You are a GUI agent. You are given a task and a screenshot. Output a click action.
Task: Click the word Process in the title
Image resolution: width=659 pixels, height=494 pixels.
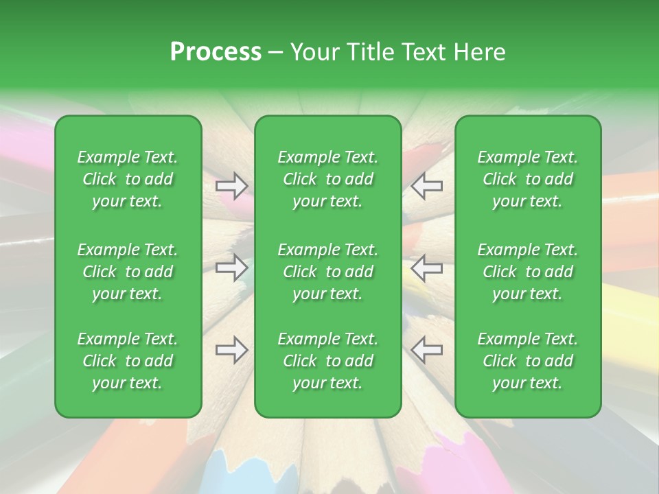click(216, 52)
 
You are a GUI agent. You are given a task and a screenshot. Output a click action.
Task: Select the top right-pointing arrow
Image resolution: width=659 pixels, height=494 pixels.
click(231, 185)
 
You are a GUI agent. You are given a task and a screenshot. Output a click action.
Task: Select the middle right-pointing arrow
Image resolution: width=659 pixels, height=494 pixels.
click(231, 268)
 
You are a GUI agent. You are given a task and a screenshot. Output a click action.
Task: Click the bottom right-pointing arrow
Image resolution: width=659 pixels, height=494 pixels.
click(231, 351)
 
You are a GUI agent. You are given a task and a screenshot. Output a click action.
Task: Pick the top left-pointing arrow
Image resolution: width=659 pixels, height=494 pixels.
click(427, 185)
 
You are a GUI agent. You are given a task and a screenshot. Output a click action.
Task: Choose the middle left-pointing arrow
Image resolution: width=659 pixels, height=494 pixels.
click(427, 268)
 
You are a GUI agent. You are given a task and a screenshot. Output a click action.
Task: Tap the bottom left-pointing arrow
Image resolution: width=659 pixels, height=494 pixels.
click(427, 350)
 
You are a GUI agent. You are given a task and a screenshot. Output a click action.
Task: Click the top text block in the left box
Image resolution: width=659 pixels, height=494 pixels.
click(128, 179)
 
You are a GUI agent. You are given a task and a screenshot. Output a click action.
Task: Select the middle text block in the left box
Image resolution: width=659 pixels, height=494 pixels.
click(128, 272)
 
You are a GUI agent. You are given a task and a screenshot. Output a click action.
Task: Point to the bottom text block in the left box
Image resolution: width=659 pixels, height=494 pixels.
click(128, 361)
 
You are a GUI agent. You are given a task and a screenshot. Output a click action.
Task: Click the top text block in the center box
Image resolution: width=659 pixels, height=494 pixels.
click(327, 179)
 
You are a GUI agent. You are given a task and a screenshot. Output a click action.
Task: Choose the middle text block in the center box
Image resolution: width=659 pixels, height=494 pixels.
click(327, 272)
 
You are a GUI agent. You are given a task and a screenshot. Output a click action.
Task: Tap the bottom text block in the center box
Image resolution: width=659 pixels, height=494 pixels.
click(327, 361)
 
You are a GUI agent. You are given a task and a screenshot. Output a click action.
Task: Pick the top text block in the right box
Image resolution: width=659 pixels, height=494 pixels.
click(527, 179)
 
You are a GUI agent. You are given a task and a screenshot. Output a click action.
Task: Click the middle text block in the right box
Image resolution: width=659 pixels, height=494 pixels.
click(527, 272)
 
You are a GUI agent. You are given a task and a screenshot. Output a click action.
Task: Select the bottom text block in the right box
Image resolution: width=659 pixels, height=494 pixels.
click(527, 361)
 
